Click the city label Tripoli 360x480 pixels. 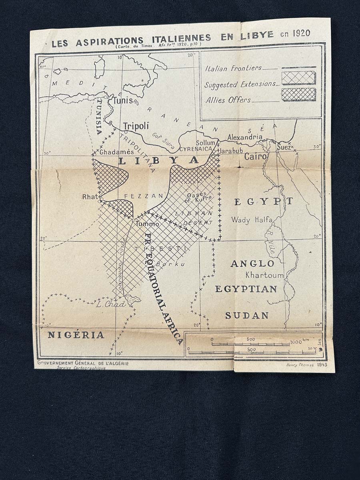pyautogui.click(x=136, y=126)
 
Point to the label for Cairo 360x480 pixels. pyautogui.click(x=256, y=156)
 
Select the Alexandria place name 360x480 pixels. pyautogui.click(x=245, y=137)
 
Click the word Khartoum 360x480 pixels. pyautogui.click(x=264, y=275)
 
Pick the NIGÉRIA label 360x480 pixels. pyautogui.click(x=76, y=335)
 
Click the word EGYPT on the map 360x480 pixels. pyautogui.click(x=264, y=202)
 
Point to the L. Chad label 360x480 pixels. pyautogui.click(x=111, y=304)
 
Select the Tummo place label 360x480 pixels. pyautogui.click(x=148, y=224)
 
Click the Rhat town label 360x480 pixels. pyautogui.click(x=90, y=197)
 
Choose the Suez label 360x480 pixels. pyautogui.click(x=284, y=148)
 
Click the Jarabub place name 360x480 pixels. pyautogui.click(x=231, y=152)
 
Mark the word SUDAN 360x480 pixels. pyautogui.click(x=247, y=316)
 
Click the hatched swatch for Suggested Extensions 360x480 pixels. pyautogui.click(x=298, y=78)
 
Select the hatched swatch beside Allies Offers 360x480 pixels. pyautogui.click(x=298, y=95)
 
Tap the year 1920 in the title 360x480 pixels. pyautogui.click(x=301, y=33)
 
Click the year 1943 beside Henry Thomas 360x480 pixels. pyautogui.click(x=322, y=365)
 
